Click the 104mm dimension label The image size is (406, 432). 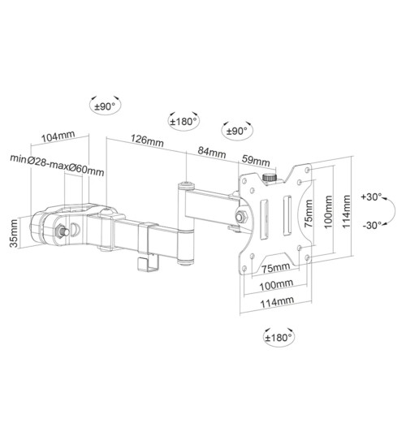pyautogui.click(x=58, y=136)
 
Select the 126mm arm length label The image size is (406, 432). pyautogui.click(x=147, y=140)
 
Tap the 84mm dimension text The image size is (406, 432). pyautogui.click(x=212, y=153)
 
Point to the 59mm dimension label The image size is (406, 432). pyautogui.click(x=256, y=161)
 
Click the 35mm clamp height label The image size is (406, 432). pyautogui.click(x=14, y=233)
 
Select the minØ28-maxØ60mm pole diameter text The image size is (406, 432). pyautogui.click(x=58, y=165)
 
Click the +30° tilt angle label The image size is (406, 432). pyautogui.click(x=371, y=197)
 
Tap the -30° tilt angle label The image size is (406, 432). pyautogui.click(x=372, y=225)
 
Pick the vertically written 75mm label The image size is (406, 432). pyautogui.click(x=309, y=214)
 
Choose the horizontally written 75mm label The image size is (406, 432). pyautogui.click(x=276, y=267)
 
